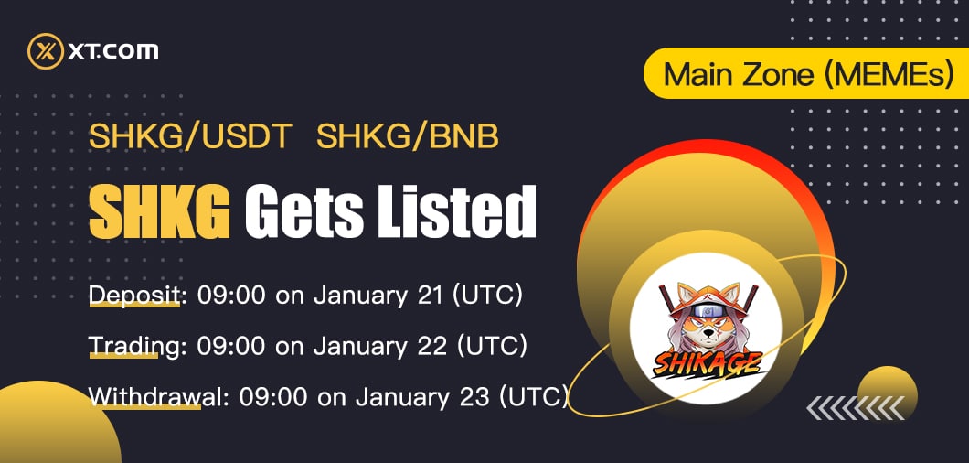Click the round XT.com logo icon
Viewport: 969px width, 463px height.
[46, 50]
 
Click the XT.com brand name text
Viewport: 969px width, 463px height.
[113, 50]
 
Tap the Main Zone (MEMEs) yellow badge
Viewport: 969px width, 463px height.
[807, 73]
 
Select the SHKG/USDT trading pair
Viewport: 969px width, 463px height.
[190, 137]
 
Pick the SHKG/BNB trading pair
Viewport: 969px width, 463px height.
[408, 137]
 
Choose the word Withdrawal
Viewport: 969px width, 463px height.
[154, 397]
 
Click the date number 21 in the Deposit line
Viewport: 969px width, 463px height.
[430, 296]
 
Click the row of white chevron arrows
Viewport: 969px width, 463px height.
[856, 408]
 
